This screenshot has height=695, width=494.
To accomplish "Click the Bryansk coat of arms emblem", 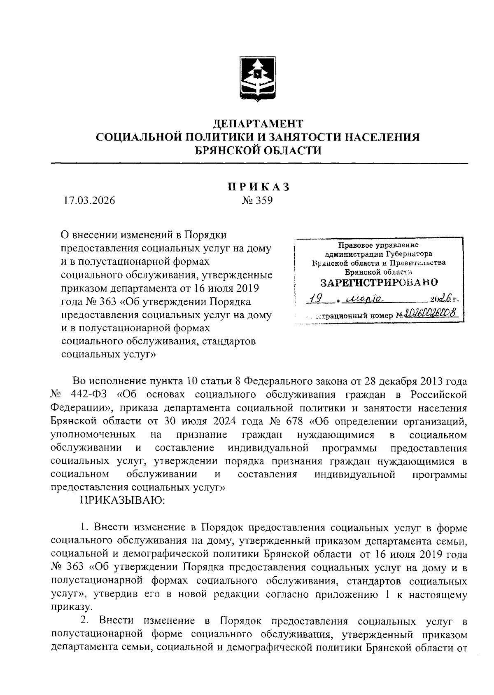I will tap(258, 79).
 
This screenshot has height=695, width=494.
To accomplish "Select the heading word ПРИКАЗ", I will tap(258, 187).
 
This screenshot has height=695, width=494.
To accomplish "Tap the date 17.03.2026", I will tap(90, 201).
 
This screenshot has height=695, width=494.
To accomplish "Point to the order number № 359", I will tap(258, 201).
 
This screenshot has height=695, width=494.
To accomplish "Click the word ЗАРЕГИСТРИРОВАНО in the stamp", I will tap(379, 283).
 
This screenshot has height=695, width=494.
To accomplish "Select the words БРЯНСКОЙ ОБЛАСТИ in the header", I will tap(258, 151).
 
